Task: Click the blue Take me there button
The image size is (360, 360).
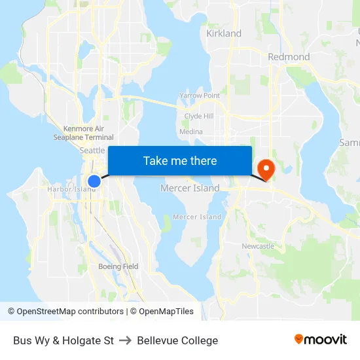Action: click(180, 161)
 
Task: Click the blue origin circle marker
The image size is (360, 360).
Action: click(94, 181)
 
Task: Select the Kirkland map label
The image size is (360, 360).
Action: click(224, 33)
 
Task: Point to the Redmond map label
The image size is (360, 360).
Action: click(289, 57)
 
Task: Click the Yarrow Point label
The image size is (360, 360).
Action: click(200, 96)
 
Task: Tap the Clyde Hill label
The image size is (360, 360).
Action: click(199, 116)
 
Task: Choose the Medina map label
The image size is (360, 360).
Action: click(191, 132)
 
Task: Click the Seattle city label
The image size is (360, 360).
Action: click(92, 151)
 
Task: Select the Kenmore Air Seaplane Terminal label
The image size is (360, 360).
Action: click(83, 133)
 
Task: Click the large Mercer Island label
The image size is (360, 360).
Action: click(190, 189)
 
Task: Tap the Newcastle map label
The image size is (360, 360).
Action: click(258, 246)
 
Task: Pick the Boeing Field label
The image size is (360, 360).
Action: click(118, 266)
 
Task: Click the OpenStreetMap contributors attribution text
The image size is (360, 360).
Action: click(65, 312)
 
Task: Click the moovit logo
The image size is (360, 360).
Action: click(321, 340)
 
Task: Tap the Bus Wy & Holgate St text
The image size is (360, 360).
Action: click(63, 340)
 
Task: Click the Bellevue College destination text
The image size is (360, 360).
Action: click(177, 340)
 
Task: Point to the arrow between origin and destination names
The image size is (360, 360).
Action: click(125, 340)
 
